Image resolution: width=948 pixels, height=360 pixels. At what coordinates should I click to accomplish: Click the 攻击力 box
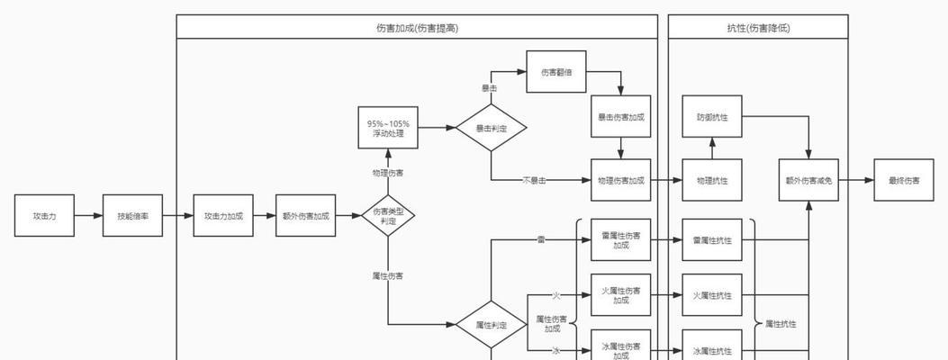click(44, 216)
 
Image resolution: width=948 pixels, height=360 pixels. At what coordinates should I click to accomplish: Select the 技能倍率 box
click(132, 216)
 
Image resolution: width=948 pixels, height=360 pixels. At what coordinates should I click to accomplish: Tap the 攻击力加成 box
click(222, 216)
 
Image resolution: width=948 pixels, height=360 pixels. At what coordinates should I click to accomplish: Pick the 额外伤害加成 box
click(306, 216)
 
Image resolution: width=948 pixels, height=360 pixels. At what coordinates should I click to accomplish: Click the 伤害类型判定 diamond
click(388, 216)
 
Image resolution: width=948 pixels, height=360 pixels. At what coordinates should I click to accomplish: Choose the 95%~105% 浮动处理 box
click(388, 129)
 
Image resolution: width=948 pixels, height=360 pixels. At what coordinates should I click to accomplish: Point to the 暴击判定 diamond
click(491, 129)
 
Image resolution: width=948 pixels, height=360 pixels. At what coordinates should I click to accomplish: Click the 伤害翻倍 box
click(555, 72)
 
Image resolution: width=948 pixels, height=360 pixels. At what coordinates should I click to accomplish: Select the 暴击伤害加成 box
click(621, 117)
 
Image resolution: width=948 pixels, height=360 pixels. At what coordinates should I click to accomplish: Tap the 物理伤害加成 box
click(621, 180)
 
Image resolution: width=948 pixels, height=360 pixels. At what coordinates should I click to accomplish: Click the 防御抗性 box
click(712, 117)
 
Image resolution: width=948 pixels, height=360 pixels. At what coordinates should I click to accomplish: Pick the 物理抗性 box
click(712, 180)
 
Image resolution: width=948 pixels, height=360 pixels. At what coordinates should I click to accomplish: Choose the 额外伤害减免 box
click(808, 180)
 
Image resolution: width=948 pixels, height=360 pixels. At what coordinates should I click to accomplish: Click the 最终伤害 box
click(904, 180)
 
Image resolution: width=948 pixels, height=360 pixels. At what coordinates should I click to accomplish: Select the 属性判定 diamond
click(491, 324)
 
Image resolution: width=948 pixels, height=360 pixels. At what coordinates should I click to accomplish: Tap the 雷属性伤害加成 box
click(621, 240)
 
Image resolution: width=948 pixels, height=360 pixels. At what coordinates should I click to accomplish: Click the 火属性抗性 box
click(712, 295)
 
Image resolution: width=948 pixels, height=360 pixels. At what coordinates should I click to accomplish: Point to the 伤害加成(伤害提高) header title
click(417, 28)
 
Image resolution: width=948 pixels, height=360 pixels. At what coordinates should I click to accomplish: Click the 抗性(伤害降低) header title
click(758, 28)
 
